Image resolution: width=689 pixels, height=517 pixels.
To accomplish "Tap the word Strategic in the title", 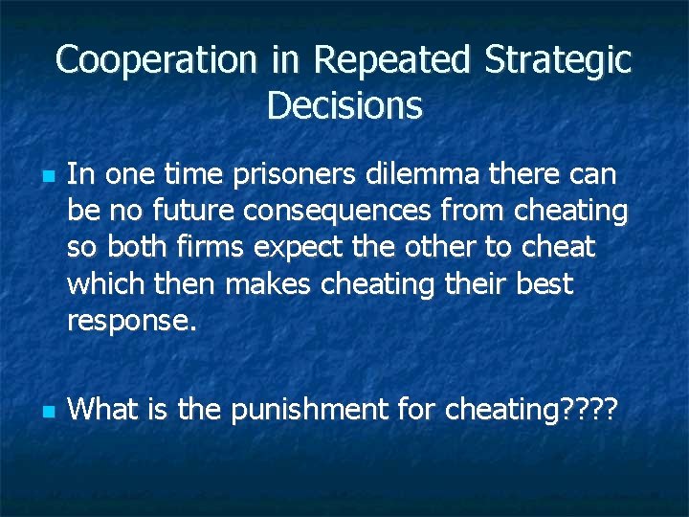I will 558,60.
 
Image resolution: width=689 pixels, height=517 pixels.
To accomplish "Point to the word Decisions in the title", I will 344,105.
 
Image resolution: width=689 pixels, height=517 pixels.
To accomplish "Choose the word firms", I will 211,248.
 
